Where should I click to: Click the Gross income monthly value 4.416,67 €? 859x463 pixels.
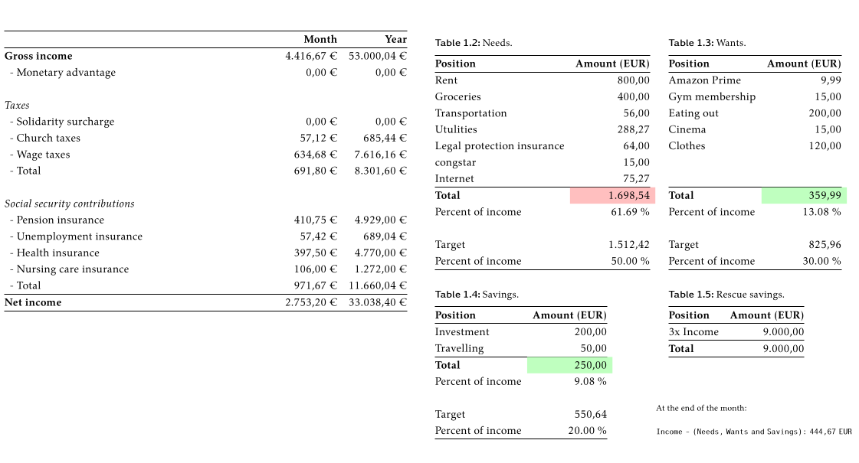click(x=310, y=56)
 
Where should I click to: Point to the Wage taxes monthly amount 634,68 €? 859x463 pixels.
click(x=315, y=155)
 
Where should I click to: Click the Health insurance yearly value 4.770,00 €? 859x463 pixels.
click(x=380, y=253)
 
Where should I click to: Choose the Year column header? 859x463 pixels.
click(x=395, y=39)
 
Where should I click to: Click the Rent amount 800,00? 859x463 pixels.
click(x=633, y=80)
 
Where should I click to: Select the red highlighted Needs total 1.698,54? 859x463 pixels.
click(x=628, y=196)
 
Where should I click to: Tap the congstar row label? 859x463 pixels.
click(x=455, y=162)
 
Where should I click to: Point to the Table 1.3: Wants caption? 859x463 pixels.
click(x=707, y=43)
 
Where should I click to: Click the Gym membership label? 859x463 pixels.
click(x=712, y=96)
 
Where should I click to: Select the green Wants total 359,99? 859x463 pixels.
click(x=825, y=196)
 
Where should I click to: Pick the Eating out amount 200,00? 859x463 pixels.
click(x=825, y=113)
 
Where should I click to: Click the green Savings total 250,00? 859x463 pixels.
click(x=590, y=365)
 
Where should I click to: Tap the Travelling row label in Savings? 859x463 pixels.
click(x=459, y=348)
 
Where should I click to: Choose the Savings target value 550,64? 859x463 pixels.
click(x=590, y=415)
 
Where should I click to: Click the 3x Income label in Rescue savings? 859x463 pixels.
click(x=693, y=331)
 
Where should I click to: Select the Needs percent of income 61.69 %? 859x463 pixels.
click(x=630, y=212)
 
